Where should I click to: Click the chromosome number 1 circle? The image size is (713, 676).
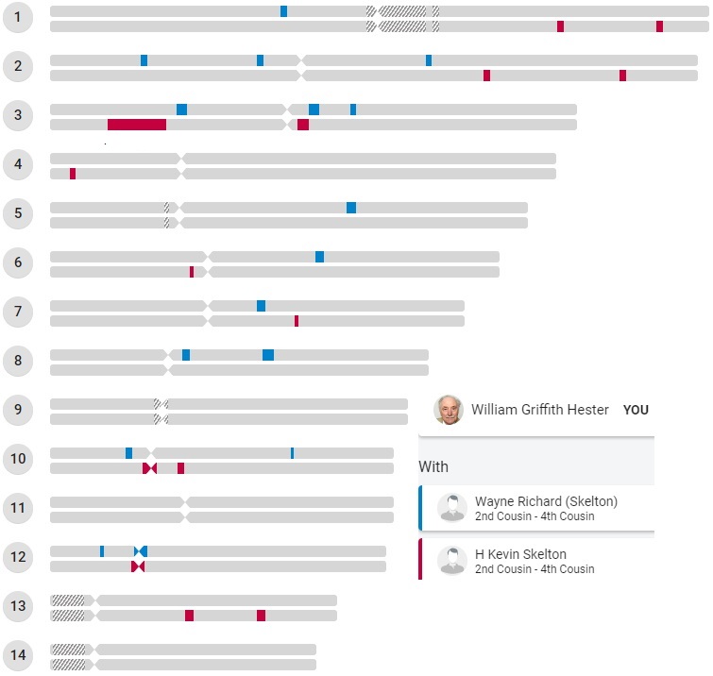18,17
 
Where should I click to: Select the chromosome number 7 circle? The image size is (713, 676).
18,312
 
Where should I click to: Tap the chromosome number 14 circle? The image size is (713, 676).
18,655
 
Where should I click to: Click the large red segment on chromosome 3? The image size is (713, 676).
137,125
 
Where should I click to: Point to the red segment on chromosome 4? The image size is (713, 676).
73,174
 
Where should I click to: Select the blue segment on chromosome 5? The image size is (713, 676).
351,208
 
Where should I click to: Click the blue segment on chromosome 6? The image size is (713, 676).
319,257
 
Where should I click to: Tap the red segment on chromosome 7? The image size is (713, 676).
297,321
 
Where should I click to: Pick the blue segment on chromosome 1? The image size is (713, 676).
283,11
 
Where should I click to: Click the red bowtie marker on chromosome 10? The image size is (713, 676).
149,468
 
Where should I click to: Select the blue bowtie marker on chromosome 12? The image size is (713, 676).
141,551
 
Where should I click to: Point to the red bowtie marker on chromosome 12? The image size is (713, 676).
138,566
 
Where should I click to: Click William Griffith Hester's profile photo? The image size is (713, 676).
449,410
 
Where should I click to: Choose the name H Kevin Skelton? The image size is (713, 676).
520,554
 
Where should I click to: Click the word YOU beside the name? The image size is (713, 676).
636,411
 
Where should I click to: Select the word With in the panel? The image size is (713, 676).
433,466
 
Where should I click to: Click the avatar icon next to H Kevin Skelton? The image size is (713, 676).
452,561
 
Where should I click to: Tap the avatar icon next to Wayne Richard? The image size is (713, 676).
452,508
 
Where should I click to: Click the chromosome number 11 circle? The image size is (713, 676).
18,508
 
